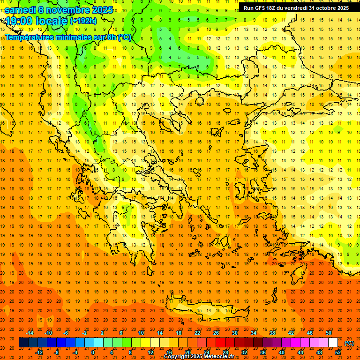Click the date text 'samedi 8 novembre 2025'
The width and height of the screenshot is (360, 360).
59,9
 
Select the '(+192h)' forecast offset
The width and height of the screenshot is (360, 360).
83,21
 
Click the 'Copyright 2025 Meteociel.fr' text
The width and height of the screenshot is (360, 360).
199,357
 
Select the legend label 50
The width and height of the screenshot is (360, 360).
329,333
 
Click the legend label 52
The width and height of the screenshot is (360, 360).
338,352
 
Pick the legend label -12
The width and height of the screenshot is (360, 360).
39,352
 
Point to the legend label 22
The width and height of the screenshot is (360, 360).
197,333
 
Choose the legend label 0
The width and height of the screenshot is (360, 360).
93,352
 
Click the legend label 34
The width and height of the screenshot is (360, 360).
254,333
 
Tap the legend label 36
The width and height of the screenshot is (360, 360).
263,352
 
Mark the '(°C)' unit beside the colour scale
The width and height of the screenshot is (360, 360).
349,343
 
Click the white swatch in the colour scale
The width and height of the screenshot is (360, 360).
333,343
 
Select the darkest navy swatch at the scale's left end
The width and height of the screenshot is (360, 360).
23,343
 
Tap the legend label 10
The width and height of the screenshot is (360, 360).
141,333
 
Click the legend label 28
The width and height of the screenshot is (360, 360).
225,352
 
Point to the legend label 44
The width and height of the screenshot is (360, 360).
300,352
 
